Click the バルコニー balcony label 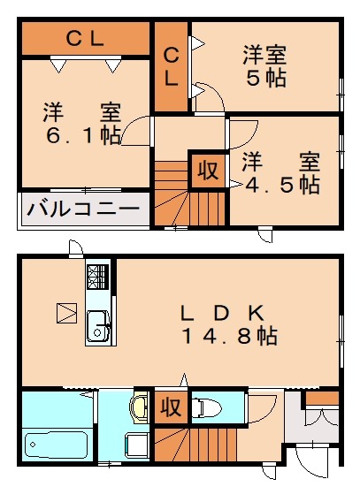click(x=83, y=209)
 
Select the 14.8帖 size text click(x=230, y=336)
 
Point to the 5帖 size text click(x=265, y=78)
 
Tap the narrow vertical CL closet click(x=171, y=67)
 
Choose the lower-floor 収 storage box click(x=170, y=407)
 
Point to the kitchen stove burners click(x=97, y=278)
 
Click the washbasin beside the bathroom click(x=139, y=408)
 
